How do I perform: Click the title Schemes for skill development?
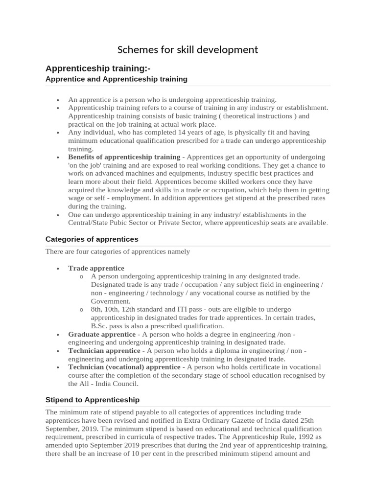(188, 49)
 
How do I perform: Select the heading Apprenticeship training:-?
(98, 68)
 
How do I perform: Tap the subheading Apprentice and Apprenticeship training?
(116, 79)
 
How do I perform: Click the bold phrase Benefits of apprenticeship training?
(124, 157)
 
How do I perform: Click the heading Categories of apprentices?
(92, 239)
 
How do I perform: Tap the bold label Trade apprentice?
(96, 268)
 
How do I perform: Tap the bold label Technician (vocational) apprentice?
(124, 367)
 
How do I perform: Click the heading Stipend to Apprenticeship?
(93, 400)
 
